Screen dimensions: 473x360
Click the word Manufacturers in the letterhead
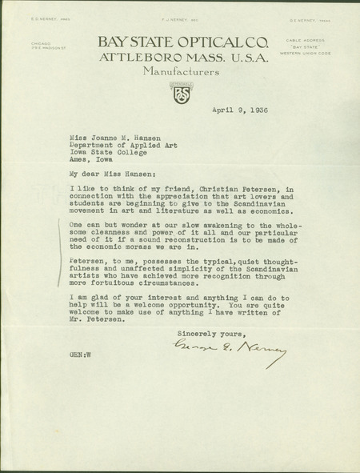pyautogui.click(x=179, y=71)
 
